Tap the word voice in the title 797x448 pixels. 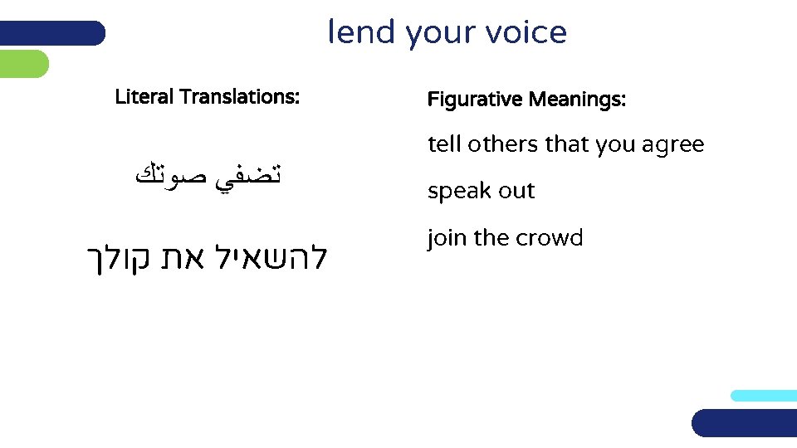pos(527,32)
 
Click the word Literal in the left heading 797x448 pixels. pos(144,97)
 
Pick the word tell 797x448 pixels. pos(444,144)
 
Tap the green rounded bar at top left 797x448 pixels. pos(24,64)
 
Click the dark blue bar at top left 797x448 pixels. pos(52,33)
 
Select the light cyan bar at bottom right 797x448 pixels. pos(763,396)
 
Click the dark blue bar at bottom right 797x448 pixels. pos(744,423)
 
